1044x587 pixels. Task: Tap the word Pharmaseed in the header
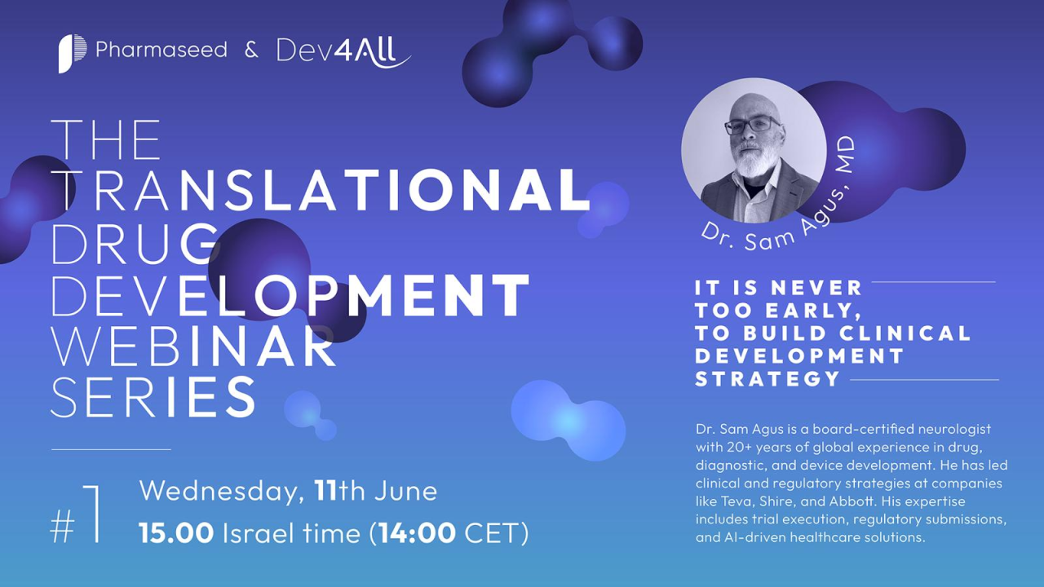coord(161,50)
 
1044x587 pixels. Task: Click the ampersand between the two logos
coord(251,51)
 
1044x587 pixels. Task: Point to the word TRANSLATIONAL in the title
coord(321,190)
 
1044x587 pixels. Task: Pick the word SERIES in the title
coord(154,396)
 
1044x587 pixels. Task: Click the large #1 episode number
coord(76,514)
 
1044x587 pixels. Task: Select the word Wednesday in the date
coord(219,492)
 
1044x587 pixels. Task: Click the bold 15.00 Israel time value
coord(177,533)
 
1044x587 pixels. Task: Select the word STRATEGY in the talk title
coord(768,379)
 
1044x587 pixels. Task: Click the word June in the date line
coord(405,491)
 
